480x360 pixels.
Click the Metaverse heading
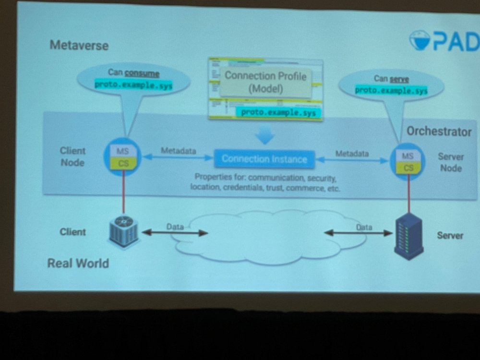(79, 46)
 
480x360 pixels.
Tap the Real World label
(78, 263)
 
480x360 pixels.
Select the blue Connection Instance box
(264, 159)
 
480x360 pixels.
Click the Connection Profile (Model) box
(265, 82)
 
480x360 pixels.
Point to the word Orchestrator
(439, 132)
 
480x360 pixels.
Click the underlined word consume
(142, 73)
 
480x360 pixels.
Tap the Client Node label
(72, 156)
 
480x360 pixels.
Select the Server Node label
(450, 162)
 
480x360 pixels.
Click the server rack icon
(408, 236)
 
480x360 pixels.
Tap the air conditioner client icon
(123, 232)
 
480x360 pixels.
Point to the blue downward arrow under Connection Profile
(264, 137)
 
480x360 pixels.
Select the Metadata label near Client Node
(178, 151)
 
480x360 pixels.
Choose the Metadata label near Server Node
(352, 154)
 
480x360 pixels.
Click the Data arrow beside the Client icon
(175, 233)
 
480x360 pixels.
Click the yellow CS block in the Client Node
(123, 163)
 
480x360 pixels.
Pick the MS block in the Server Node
(408, 156)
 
